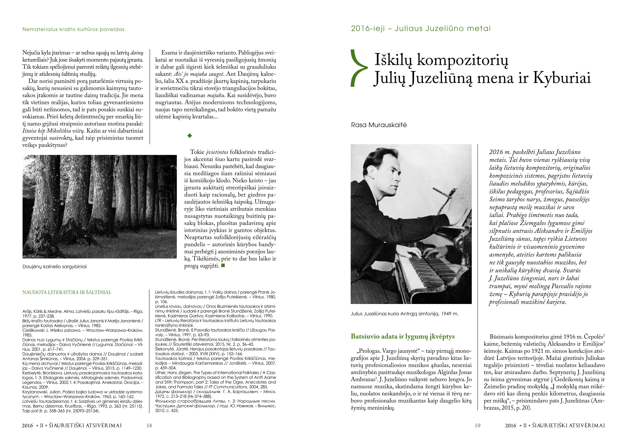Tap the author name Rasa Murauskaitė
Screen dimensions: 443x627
click(379, 125)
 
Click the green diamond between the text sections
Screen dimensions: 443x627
click(190, 136)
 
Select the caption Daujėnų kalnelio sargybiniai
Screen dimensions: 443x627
click(54, 267)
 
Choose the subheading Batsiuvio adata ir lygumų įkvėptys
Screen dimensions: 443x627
click(403, 336)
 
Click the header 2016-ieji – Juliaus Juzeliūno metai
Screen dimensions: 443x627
click(421, 29)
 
